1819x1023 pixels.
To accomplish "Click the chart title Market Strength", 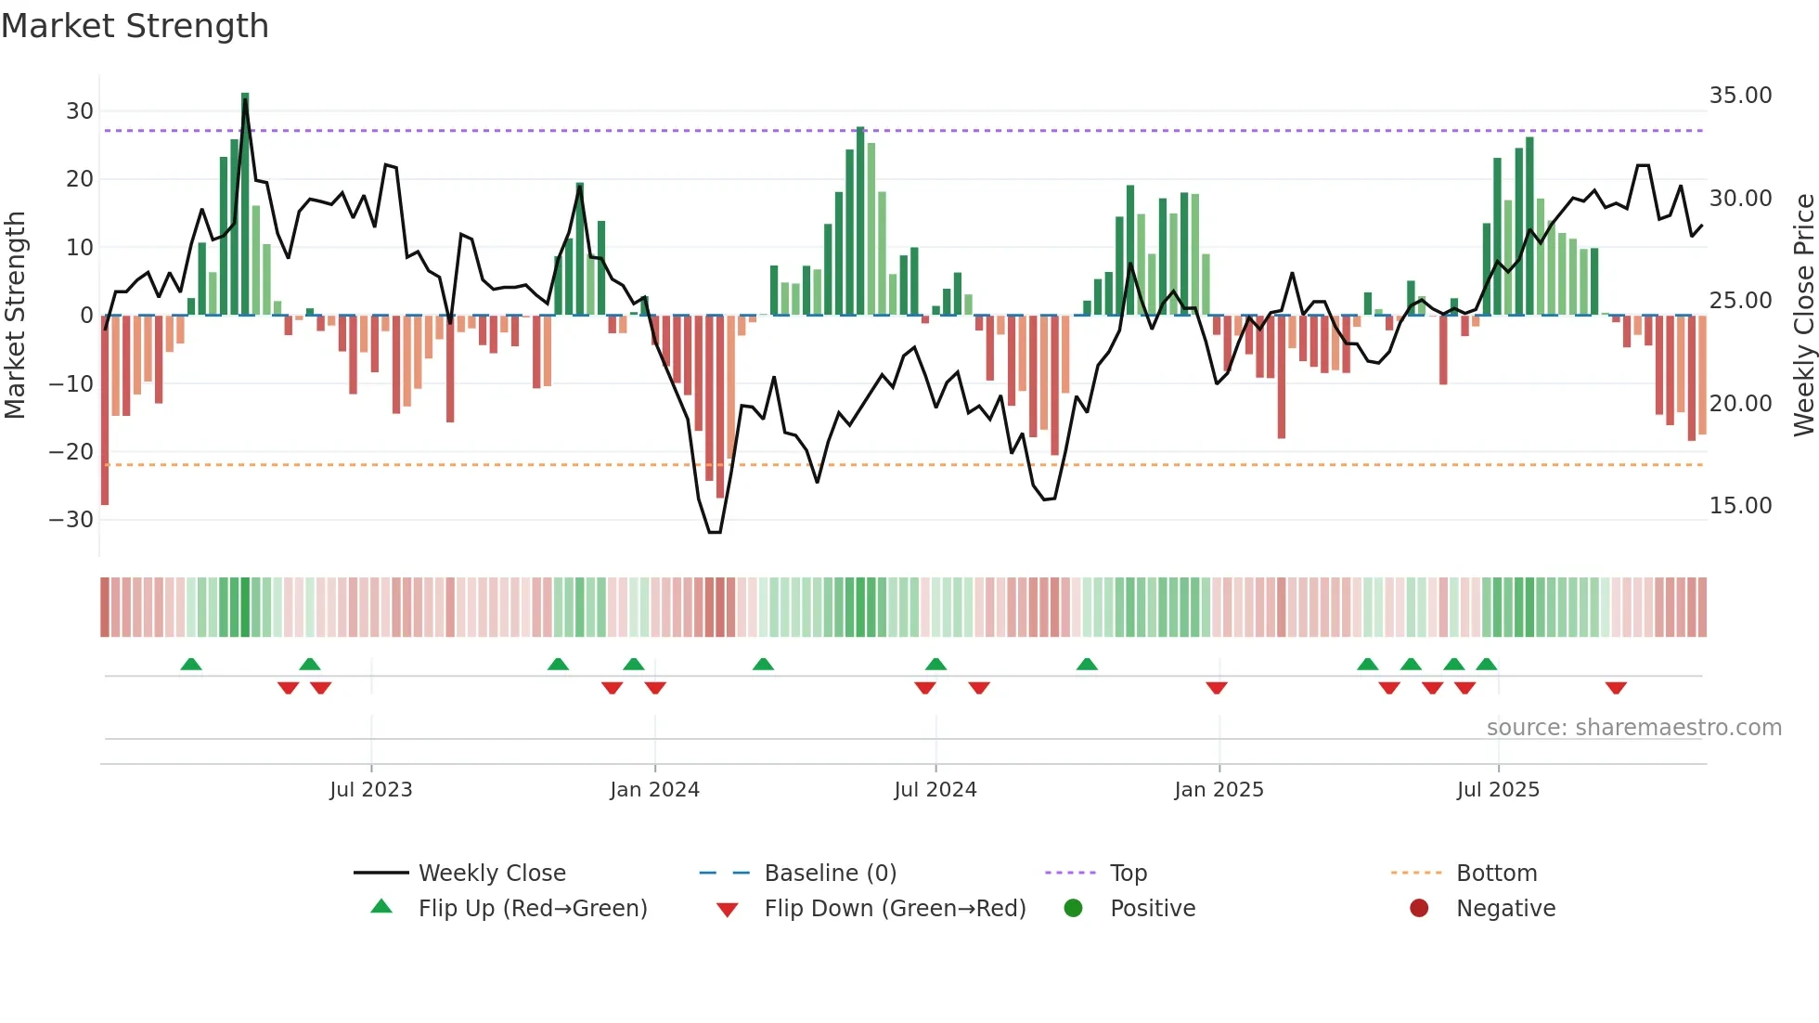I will click(135, 26).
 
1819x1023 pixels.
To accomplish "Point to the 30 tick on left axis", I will click(80, 111).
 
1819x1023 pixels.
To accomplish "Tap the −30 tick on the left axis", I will click(72, 520).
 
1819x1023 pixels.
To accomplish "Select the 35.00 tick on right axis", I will click(1740, 96).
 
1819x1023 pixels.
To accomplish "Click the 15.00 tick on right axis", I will click(1740, 506).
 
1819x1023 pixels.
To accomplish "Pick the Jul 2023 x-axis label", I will click(370, 790).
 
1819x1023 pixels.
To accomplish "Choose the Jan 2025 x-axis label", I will click(1218, 790).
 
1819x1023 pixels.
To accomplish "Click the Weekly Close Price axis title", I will click(1803, 316).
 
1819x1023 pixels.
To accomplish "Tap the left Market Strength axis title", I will click(16, 316).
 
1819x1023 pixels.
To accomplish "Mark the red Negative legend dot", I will click(1418, 909).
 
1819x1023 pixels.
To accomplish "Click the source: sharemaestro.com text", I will click(1633, 728).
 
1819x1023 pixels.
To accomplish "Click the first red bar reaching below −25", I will click(105, 408).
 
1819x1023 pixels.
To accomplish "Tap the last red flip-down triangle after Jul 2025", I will click(1615, 688).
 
